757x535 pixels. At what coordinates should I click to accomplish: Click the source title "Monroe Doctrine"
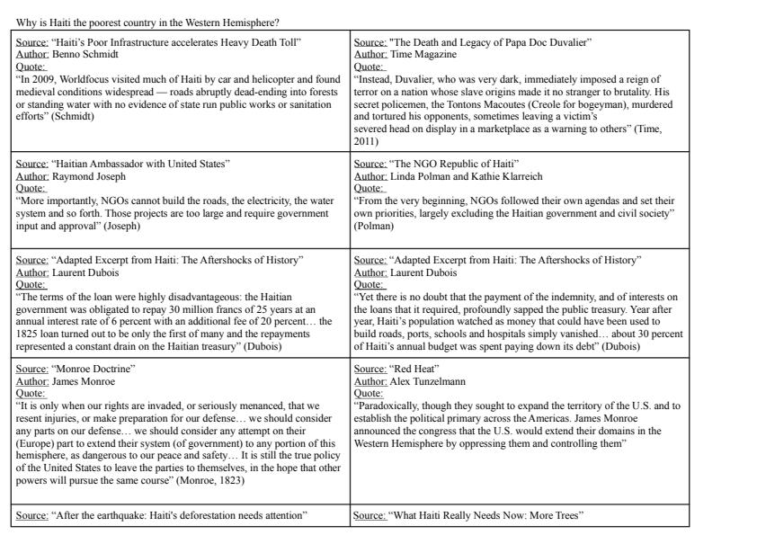(89, 369)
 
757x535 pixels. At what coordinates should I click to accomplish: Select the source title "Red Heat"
(412, 369)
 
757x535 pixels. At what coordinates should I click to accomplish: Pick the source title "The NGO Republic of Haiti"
(454, 165)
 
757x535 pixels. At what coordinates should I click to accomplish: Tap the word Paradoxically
(387, 406)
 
